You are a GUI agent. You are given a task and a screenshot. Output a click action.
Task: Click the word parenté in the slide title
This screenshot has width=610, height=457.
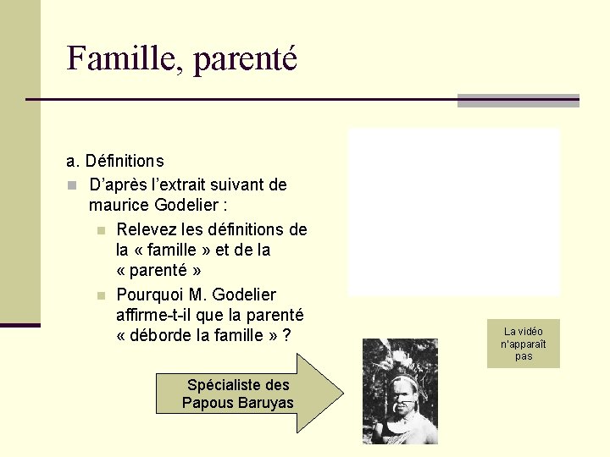[x=246, y=60]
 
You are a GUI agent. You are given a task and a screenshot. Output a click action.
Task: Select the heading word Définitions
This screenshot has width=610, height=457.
[x=125, y=161]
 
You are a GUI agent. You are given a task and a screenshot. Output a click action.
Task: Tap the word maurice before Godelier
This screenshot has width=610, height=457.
[x=119, y=206]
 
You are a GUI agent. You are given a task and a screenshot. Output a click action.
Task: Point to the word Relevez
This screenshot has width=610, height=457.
[x=145, y=229]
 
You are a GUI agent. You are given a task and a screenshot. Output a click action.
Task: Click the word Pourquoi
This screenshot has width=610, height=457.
[x=147, y=295]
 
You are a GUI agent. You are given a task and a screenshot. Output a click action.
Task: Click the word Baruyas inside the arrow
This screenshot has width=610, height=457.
[x=267, y=403]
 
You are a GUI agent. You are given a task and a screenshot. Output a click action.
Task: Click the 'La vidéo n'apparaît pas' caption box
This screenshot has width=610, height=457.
[x=523, y=344]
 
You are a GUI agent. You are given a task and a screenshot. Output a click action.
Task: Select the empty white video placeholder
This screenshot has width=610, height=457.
[x=454, y=212]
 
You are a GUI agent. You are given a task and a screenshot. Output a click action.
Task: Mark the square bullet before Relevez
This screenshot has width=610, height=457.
[x=100, y=230]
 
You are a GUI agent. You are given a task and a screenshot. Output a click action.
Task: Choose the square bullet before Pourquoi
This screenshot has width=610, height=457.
[x=100, y=295]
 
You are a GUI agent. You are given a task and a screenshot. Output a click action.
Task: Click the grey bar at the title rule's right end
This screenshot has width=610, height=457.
[x=518, y=100]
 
